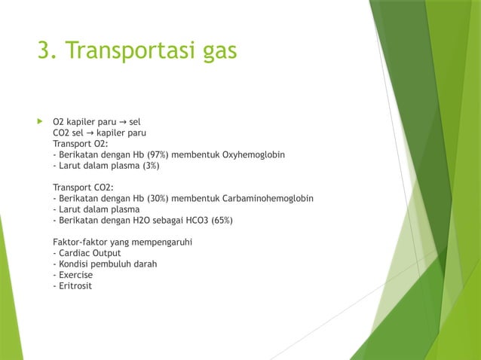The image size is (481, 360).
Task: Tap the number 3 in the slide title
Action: click(44, 50)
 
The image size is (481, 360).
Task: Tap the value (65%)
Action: click(221, 221)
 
